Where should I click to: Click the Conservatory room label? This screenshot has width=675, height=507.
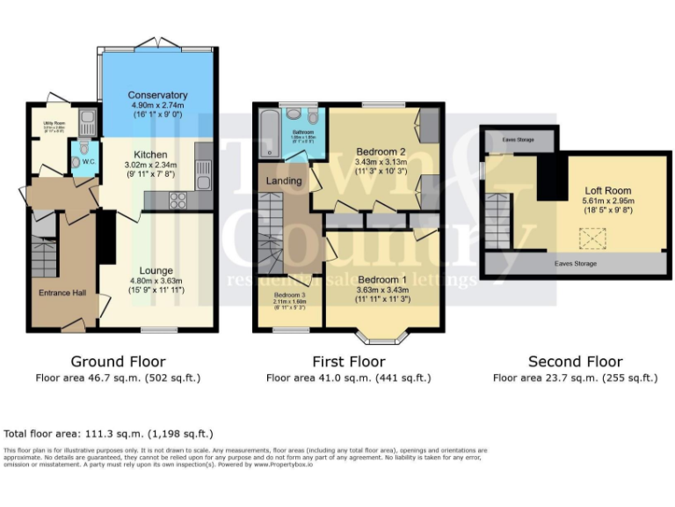point(157,95)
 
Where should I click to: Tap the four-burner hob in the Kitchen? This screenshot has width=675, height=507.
point(177,201)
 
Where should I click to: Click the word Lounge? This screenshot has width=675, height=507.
point(156,270)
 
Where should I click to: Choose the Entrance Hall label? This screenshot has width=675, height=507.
point(62,293)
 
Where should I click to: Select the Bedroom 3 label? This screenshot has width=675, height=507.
point(288,295)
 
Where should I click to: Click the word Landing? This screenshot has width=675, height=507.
point(284,180)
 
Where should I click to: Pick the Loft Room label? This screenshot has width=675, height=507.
point(607,190)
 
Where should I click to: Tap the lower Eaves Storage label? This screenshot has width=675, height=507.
point(575,263)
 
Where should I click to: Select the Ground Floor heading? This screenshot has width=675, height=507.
point(118,362)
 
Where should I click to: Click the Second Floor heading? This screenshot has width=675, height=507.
point(575,362)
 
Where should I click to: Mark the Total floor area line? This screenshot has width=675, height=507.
point(108,434)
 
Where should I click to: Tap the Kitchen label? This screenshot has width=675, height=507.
point(150,154)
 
